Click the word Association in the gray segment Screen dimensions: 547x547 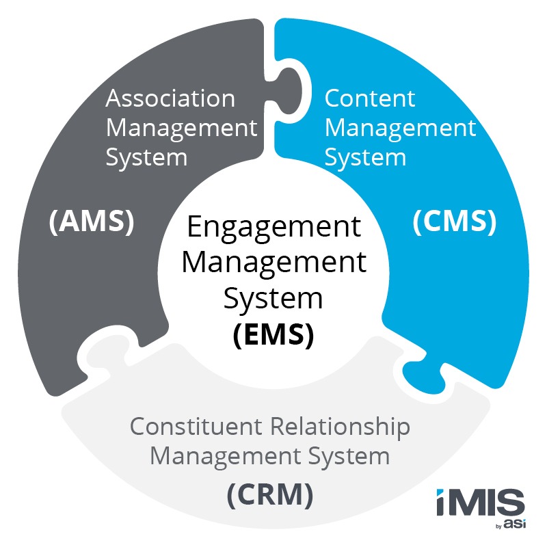click(x=170, y=98)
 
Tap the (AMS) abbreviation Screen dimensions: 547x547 click(x=91, y=223)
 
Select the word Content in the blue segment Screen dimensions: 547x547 click(x=369, y=98)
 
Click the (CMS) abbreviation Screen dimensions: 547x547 click(x=454, y=223)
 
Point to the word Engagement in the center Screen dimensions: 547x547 click(x=273, y=228)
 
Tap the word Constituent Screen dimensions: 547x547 click(x=198, y=427)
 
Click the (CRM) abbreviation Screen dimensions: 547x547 click(x=273, y=493)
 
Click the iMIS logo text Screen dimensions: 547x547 click(x=480, y=504)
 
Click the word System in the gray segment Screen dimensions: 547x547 click(x=146, y=157)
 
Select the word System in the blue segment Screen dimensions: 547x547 click(x=365, y=157)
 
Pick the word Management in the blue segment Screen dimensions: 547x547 click(x=400, y=128)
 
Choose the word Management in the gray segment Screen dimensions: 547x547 click(x=181, y=128)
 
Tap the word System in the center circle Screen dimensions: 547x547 click(x=273, y=299)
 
